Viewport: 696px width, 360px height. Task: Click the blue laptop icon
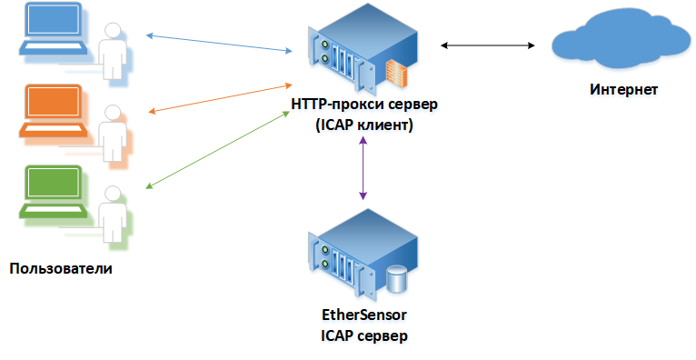coord(53,29)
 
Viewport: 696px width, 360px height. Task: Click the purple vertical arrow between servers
coord(363,167)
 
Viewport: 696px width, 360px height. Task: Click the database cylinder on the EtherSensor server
coord(396,279)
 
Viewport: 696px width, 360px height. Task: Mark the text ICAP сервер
coord(364,336)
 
